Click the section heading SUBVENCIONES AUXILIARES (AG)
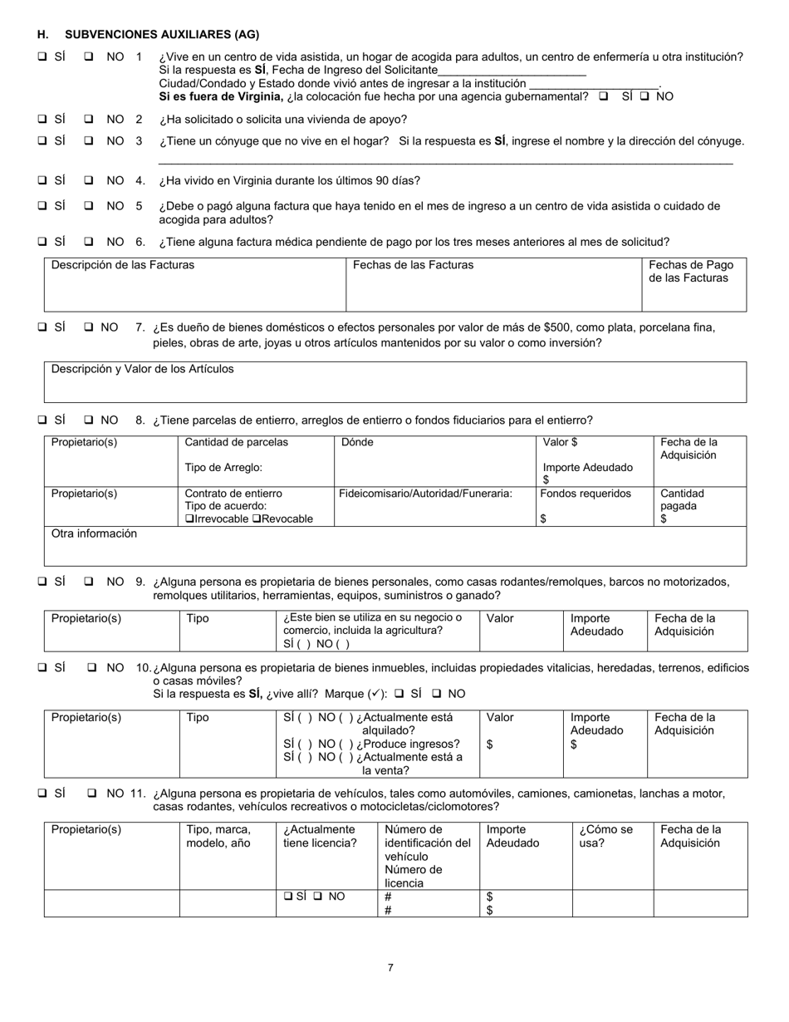coord(162,35)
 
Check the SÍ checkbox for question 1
coord(42,57)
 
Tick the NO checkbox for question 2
coord(89,119)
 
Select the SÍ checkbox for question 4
coord(42,180)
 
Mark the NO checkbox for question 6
coord(89,242)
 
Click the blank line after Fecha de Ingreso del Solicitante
coord(512,71)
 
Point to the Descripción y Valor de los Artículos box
coord(394,381)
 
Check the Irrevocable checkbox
coord(189,519)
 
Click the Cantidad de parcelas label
coord(237,442)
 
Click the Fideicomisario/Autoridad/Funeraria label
coord(425,494)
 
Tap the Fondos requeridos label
coord(586,494)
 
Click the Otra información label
coord(94,534)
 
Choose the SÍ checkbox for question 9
coord(42,582)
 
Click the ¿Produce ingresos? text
coord(408,744)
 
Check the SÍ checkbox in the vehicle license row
coord(287,897)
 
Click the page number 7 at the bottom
coord(390,967)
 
